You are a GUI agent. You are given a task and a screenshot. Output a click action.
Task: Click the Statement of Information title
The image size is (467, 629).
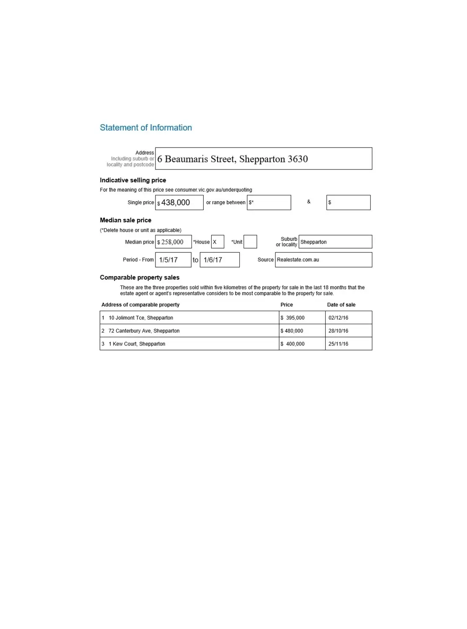[145, 127]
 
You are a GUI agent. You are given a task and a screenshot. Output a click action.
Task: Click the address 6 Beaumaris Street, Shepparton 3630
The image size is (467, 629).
[233, 159]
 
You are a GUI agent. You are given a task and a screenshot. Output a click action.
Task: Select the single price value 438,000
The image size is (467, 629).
[176, 203]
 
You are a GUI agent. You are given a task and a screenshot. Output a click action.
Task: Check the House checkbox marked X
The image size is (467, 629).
[217, 242]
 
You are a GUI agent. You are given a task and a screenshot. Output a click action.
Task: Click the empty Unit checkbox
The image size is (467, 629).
[250, 242]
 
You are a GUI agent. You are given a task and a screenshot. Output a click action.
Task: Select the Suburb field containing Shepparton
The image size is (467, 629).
[335, 242]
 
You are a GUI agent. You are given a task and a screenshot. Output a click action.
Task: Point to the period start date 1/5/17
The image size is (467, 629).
[169, 260]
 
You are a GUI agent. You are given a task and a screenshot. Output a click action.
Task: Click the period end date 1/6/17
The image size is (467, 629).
[213, 260]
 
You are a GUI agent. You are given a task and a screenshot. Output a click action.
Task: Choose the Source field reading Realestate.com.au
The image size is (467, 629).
[323, 260]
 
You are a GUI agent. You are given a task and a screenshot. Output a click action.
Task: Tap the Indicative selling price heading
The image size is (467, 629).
[133, 180]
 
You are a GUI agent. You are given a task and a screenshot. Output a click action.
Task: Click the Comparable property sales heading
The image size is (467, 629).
[140, 278]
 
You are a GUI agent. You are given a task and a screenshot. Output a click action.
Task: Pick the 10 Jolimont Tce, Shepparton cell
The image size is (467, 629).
[141, 318]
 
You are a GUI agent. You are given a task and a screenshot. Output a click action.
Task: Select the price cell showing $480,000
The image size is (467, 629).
[294, 331]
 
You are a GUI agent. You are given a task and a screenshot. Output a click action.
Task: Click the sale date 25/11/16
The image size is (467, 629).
[338, 344]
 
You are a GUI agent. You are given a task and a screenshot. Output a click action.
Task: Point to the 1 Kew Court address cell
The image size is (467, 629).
[137, 344]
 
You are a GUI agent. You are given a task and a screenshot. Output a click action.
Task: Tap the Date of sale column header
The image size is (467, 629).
[341, 305]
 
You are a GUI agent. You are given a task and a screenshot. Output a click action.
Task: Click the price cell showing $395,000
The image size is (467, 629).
[295, 318]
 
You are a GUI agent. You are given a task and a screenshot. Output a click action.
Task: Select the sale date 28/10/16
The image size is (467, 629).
[338, 331]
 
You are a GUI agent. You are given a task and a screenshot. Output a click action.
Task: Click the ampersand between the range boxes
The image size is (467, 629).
[309, 202]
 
